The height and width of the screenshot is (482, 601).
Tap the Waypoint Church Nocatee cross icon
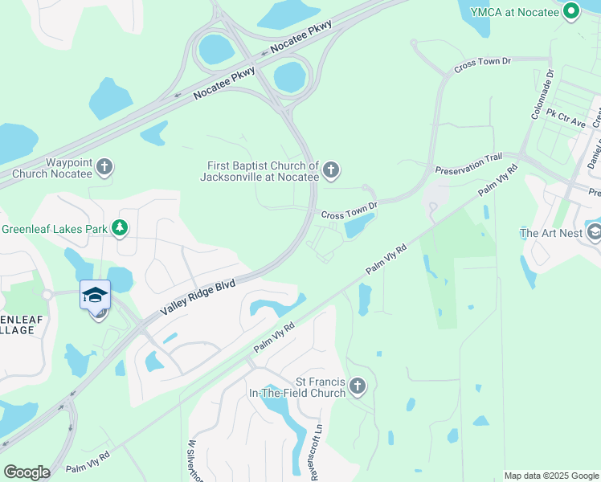(x=104, y=168)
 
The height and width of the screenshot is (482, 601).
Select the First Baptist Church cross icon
(x=331, y=170)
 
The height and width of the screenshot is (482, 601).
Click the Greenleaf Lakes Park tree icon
(x=120, y=229)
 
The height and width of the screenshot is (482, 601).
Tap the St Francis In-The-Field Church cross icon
(x=358, y=387)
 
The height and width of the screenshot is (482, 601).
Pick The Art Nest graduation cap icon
(x=594, y=233)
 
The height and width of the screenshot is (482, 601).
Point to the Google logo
(x=27, y=472)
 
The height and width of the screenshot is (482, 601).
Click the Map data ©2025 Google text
(x=551, y=476)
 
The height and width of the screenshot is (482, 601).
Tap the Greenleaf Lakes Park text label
(x=54, y=229)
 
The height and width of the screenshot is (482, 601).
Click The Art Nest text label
(x=550, y=233)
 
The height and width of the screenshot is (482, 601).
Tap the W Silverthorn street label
(x=193, y=461)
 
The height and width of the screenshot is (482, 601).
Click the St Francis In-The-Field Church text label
(x=309, y=387)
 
